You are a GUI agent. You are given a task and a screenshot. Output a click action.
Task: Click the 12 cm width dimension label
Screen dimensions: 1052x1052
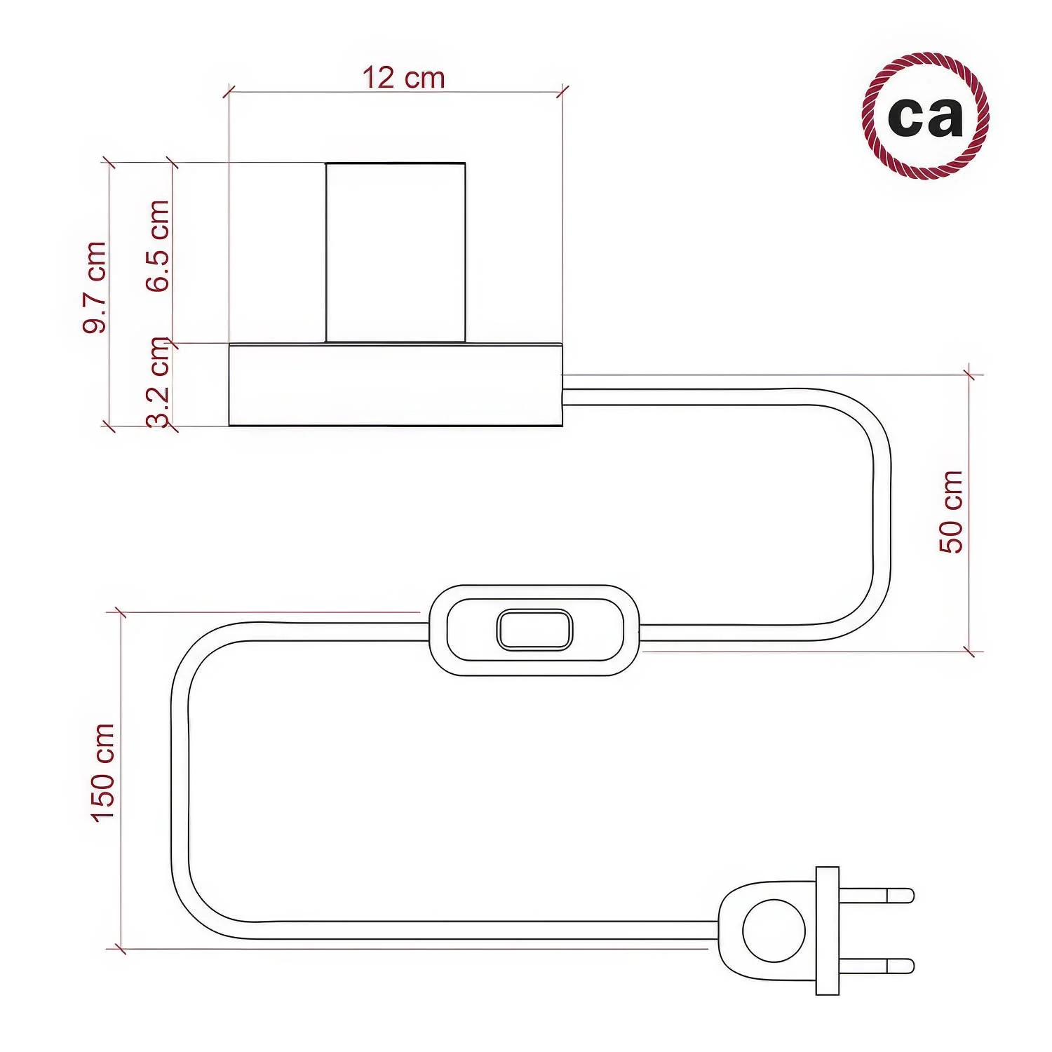403,78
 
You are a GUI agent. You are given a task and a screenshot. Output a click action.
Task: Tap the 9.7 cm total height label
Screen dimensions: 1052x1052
95,287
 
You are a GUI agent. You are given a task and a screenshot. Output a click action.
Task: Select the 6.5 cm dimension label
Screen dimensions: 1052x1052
158,245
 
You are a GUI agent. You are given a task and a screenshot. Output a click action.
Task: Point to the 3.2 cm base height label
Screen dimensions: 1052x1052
159,383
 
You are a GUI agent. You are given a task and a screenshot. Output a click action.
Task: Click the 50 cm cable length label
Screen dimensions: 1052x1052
951,512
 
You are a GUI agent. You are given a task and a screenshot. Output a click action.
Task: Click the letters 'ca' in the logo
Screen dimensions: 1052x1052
926,116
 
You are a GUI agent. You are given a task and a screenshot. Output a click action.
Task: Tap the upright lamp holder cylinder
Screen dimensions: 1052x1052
396,252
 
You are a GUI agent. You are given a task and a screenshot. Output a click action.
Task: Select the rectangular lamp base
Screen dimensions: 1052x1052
396,384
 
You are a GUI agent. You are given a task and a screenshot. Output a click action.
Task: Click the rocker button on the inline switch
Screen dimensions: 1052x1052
534,630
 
